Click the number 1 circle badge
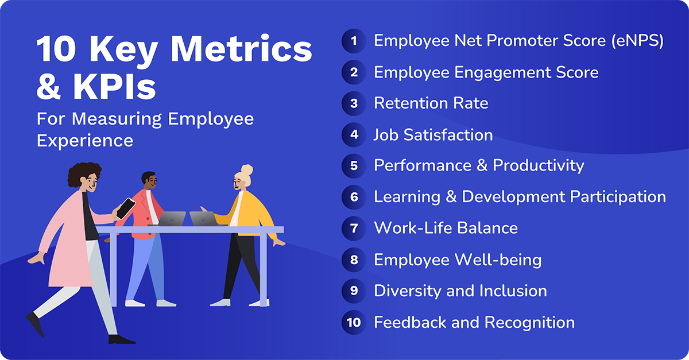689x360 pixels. [x=354, y=41]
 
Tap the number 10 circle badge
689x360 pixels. [x=354, y=322]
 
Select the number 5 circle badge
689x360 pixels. [x=354, y=166]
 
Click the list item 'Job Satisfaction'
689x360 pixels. [x=433, y=135]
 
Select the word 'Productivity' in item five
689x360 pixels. [x=538, y=166]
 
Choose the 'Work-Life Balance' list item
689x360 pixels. [x=446, y=228]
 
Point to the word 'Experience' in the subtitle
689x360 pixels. [x=85, y=140]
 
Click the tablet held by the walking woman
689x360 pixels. [x=126, y=208]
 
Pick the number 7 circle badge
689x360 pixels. [x=354, y=228]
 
